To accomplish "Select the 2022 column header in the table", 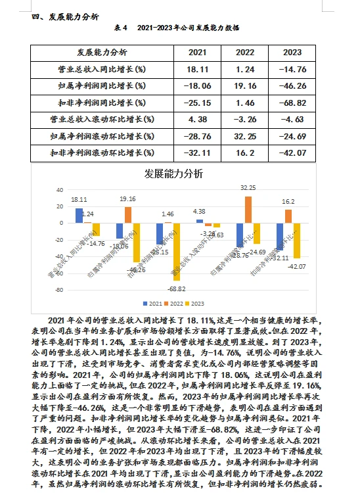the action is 244,53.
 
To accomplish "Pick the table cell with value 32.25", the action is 244,136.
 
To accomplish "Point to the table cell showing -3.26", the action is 244,119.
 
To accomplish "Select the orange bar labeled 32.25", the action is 248,209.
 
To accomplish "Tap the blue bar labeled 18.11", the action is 79,215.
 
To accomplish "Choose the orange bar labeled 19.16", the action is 127,214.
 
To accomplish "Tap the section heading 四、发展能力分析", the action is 65,16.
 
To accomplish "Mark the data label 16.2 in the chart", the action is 288,201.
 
